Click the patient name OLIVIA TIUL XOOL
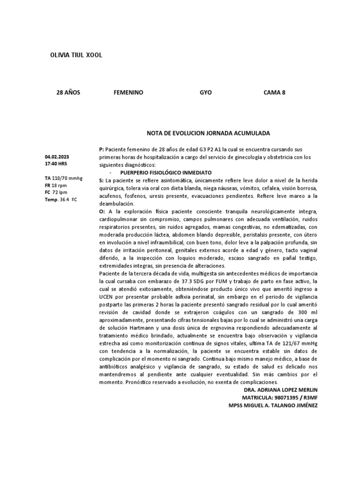pyautogui.click(x=76, y=55)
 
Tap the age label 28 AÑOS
pyautogui.click(x=68, y=93)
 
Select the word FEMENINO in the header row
pyautogui.click(x=128, y=93)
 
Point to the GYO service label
pyautogui.click(x=206, y=93)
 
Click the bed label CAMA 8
pyautogui.click(x=275, y=93)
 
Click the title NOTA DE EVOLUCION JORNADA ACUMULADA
pyautogui.click(x=209, y=134)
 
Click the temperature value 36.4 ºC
pyautogui.click(x=70, y=200)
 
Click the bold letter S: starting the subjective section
pyautogui.click(x=101, y=180)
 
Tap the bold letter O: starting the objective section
pyautogui.click(x=102, y=212)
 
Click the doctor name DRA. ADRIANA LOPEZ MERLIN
pyautogui.click(x=281, y=390)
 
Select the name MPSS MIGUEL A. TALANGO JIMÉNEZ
pyautogui.click(x=272, y=405)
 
